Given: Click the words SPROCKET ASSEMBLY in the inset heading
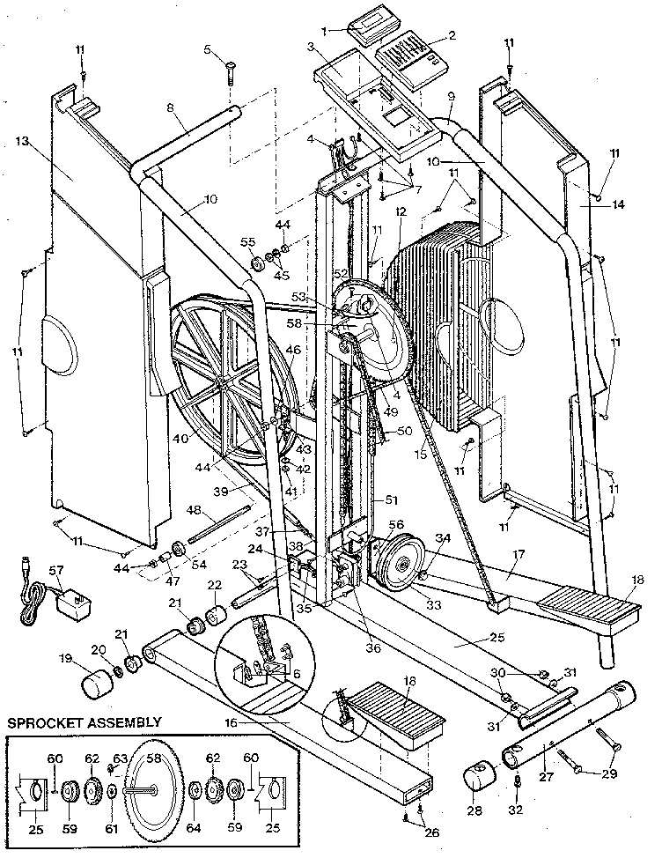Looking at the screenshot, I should point(85,722).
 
